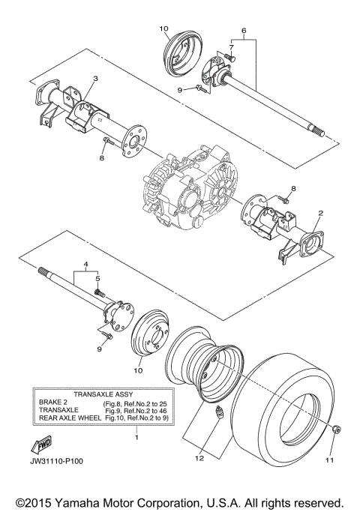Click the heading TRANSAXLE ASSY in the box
[x=102, y=394]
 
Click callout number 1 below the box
[x=136, y=437]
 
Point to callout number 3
[x=95, y=78]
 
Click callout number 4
[x=85, y=265]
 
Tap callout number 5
[x=95, y=278]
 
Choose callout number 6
[x=242, y=31]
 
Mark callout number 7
[x=232, y=46]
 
